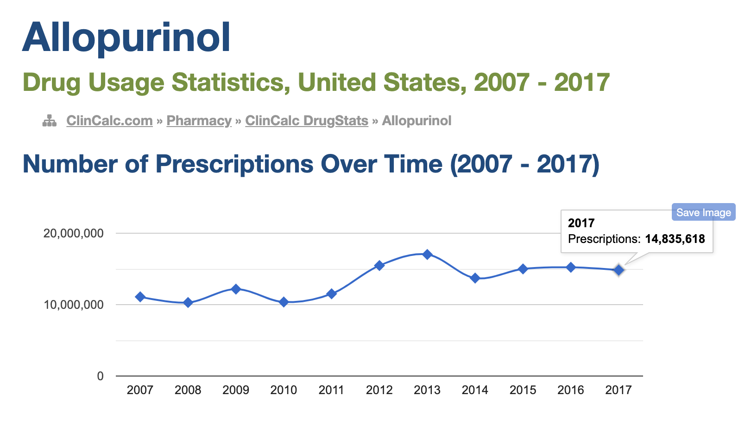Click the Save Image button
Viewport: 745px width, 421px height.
[703, 212]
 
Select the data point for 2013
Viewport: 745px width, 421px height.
[427, 255]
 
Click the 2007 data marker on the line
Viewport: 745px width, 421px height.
[140, 297]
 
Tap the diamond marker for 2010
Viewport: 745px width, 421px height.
[284, 302]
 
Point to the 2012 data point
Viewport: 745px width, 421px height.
[379, 266]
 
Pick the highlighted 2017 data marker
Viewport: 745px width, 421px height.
[619, 270]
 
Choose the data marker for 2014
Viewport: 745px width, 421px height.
[475, 278]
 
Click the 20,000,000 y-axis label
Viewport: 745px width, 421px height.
[74, 233]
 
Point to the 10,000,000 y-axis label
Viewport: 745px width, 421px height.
[74, 305]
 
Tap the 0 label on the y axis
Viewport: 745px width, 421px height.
[100, 376]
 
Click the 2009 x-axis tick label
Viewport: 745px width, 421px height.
[236, 390]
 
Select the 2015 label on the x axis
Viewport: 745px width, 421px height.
[523, 390]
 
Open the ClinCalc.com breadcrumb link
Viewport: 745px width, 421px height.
[109, 121]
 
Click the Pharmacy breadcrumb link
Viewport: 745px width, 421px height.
[199, 121]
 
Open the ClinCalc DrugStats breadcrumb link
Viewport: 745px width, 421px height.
[306, 121]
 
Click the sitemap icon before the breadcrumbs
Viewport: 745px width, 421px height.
[50, 121]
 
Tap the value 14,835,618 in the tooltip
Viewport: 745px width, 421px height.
[675, 239]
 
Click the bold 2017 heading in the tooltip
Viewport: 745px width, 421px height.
[581, 223]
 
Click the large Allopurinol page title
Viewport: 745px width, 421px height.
[126, 38]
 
